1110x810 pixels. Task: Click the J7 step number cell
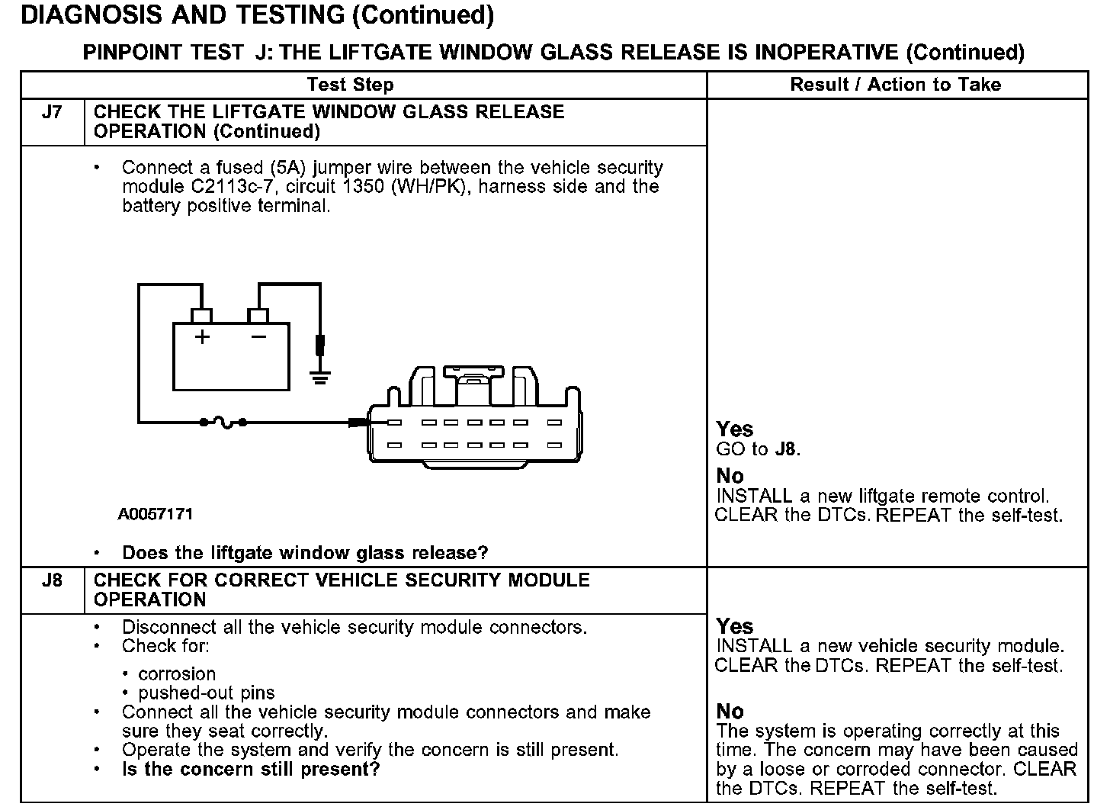coord(52,113)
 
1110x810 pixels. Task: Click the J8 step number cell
coord(52,580)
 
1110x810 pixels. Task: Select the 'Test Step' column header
coord(351,85)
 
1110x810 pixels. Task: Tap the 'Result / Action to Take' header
coord(896,85)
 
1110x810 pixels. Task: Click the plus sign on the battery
coord(202,336)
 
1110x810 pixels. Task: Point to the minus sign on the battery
coord(259,336)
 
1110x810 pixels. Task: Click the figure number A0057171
coord(156,514)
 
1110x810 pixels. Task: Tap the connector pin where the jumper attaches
coord(394,422)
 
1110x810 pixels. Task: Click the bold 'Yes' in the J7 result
coord(735,429)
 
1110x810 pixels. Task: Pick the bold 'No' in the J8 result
coord(730,711)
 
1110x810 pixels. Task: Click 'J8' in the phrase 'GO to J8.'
coord(785,449)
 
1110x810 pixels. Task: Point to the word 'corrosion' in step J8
coord(177,674)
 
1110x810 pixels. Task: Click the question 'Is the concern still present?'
coord(251,769)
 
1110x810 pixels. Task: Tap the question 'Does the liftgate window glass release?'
coord(305,553)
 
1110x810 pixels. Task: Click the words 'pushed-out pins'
coord(207,693)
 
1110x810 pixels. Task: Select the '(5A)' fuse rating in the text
coord(276,168)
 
